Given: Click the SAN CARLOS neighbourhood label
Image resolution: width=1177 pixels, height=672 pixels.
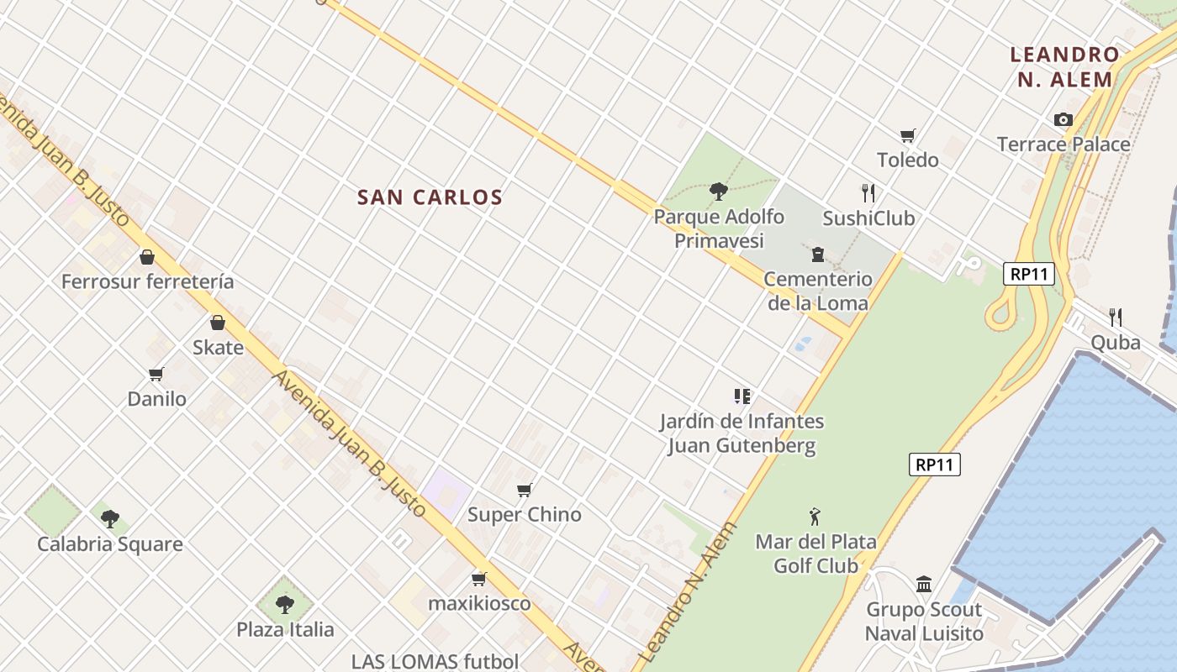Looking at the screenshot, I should coord(430,197).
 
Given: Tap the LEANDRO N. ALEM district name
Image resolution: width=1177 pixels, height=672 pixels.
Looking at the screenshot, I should coord(1064,67).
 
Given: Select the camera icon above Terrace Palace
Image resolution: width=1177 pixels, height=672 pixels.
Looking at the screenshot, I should coord(1064,120).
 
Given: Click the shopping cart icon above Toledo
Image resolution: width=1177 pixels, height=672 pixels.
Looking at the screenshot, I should coord(908,135).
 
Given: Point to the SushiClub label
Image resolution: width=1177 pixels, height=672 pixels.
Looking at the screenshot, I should coord(868,218).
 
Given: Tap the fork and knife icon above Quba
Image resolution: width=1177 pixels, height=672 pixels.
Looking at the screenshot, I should coord(1116,318).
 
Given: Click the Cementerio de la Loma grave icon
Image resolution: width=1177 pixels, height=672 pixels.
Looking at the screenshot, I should coord(817,254).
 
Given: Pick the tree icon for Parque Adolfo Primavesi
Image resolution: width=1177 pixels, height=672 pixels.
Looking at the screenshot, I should coord(718,192).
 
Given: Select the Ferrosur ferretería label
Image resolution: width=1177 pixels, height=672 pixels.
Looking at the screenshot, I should coord(147,281).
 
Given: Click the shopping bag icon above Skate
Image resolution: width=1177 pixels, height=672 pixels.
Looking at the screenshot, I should coord(218,323).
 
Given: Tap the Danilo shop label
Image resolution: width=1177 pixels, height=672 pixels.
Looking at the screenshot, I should coord(157,399).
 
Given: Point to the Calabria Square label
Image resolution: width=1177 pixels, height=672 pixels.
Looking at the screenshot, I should coord(110,544).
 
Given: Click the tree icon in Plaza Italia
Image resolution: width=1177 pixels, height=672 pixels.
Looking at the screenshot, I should coord(285,604).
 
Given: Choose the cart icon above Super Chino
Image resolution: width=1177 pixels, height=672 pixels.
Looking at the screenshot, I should coord(525,490).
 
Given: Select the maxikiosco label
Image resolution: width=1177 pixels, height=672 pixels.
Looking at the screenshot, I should coord(479,603).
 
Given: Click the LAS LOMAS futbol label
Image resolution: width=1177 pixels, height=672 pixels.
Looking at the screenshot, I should coord(435,661).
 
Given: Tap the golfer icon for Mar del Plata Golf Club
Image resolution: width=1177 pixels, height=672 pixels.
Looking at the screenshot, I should coord(814,517).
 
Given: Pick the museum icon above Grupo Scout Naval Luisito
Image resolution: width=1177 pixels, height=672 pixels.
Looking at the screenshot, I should coord(924,584).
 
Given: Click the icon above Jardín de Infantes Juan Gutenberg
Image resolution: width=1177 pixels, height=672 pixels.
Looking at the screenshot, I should coord(742,396).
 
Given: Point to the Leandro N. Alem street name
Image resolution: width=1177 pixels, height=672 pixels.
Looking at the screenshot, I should coord(689,591).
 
